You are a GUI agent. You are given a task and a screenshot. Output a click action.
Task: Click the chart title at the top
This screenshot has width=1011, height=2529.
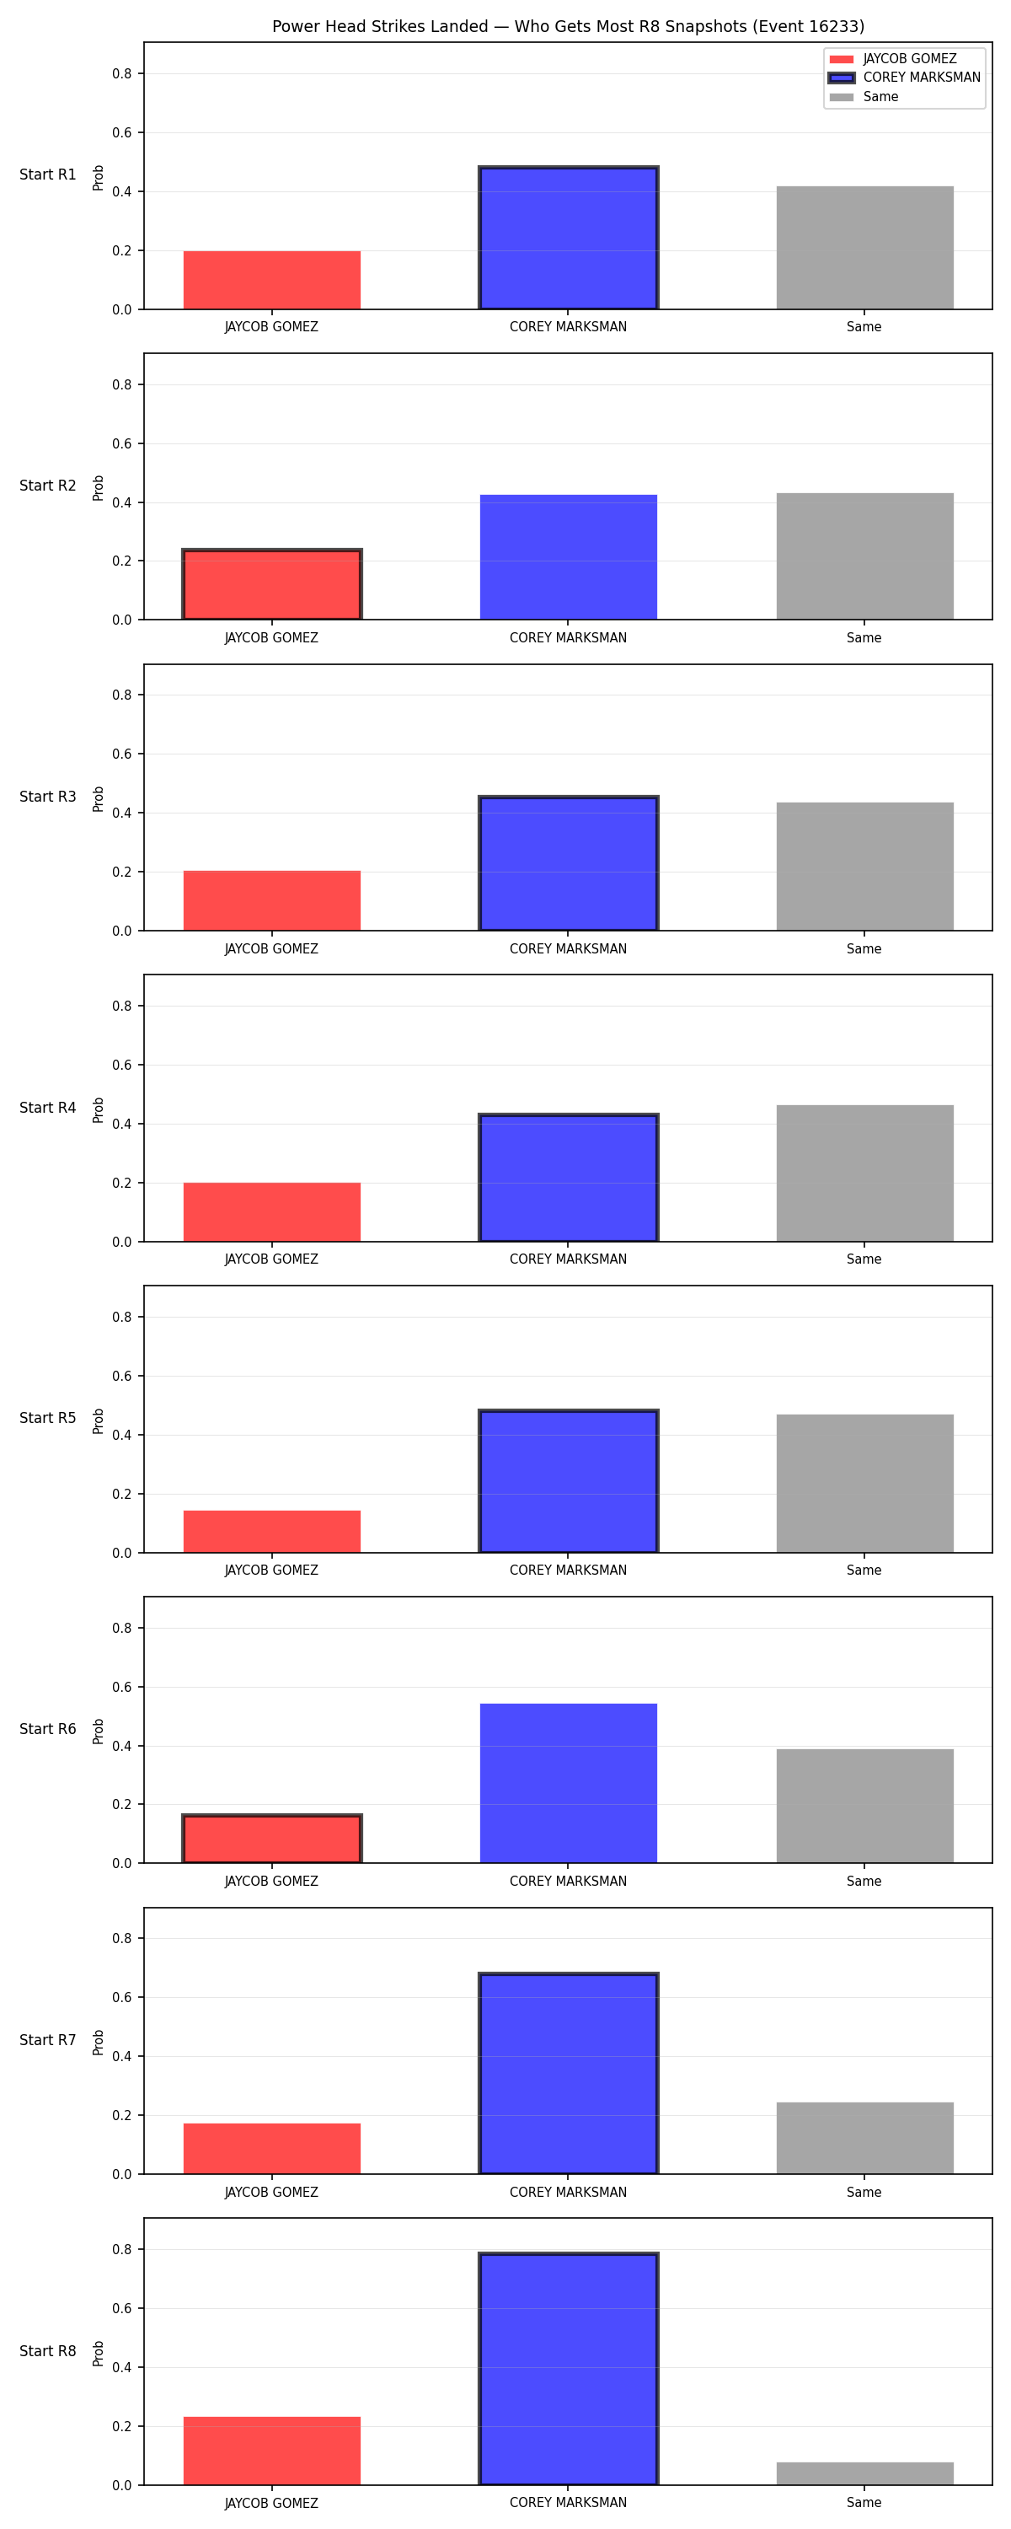(569, 26)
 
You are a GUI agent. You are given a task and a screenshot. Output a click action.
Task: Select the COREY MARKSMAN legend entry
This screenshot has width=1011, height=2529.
(904, 78)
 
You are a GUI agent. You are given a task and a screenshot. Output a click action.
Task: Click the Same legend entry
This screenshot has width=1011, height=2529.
(864, 97)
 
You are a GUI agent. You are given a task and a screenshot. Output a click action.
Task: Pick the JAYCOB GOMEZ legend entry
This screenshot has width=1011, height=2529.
(892, 59)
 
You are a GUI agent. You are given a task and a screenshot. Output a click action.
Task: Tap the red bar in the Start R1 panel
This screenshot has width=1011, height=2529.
(272, 280)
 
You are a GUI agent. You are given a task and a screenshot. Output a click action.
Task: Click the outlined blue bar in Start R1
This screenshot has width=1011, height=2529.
(569, 238)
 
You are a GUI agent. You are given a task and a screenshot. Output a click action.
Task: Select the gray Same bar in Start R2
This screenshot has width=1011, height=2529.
(864, 556)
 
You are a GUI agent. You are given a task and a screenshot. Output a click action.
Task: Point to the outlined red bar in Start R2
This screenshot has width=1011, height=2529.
(272, 584)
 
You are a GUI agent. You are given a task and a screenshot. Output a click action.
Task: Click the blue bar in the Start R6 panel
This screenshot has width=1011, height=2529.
(569, 1783)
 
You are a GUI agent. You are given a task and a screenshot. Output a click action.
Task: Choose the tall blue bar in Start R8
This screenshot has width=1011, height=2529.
(569, 2368)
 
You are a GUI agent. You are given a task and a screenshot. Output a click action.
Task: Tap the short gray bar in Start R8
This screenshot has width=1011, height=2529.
(864, 2473)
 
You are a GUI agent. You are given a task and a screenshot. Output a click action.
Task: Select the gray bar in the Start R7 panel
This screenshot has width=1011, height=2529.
(864, 2138)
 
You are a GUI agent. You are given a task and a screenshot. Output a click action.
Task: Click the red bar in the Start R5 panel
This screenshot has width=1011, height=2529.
(272, 1532)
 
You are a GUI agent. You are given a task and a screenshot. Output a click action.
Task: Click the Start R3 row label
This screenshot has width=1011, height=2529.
(48, 796)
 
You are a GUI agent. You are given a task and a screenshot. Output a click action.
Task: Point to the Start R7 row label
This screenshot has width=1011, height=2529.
(48, 2040)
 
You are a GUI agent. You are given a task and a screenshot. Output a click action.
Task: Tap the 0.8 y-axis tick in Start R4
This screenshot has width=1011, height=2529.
(121, 1006)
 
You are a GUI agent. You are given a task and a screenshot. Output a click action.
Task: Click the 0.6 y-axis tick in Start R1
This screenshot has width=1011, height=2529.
(121, 132)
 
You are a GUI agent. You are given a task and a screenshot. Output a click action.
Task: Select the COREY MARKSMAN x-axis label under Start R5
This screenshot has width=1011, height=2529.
(569, 1570)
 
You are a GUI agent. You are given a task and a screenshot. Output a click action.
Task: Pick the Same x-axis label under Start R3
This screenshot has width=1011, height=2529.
(864, 948)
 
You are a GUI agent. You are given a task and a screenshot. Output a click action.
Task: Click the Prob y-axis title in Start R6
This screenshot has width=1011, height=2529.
(99, 1731)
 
